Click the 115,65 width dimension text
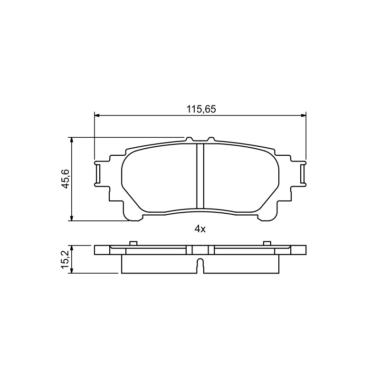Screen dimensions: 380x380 point(201,109)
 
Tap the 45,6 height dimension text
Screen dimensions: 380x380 point(66,179)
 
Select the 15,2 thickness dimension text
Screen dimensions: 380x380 point(66,259)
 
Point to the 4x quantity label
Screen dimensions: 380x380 point(200,229)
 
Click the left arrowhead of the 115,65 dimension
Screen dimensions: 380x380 point(97,115)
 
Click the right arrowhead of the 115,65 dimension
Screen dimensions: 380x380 point(303,115)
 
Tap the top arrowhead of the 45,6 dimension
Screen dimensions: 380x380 point(71,140)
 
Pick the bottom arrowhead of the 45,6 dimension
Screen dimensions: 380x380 point(71,218)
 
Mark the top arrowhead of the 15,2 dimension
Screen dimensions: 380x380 point(71,248)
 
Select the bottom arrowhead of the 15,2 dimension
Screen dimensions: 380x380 point(71,271)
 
